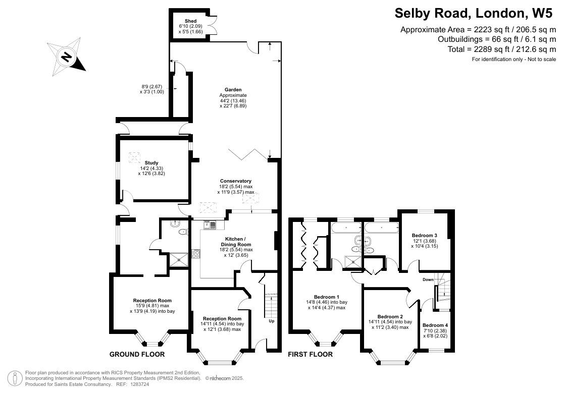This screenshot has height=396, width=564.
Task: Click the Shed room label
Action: [x=191, y=21]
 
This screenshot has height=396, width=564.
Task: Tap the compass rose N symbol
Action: [x=66, y=57]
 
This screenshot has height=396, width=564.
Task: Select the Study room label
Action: [x=151, y=163]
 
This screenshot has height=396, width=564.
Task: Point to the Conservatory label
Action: [x=236, y=181]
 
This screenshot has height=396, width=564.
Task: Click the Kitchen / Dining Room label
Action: [x=238, y=242]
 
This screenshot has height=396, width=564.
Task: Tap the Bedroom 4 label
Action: [x=435, y=325]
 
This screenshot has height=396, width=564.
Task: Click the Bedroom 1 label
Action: [x=327, y=297]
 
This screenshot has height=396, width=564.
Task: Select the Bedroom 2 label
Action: [x=390, y=317]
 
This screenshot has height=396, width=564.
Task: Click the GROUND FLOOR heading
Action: [x=137, y=354]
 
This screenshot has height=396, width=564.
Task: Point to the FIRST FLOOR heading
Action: [x=310, y=354]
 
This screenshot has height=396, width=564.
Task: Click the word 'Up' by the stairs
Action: [x=272, y=321]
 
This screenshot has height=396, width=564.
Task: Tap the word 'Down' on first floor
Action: [x=428, y=279]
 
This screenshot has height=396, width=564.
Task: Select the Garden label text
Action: [x=233, y=90]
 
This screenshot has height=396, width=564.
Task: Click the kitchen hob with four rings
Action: [x=196, y=254]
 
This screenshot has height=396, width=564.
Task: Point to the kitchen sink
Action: [x=210, y=225]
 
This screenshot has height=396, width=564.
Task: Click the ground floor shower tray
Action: [x=179, y=260]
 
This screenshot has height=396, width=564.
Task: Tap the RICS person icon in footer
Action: [x=15, y=378]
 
